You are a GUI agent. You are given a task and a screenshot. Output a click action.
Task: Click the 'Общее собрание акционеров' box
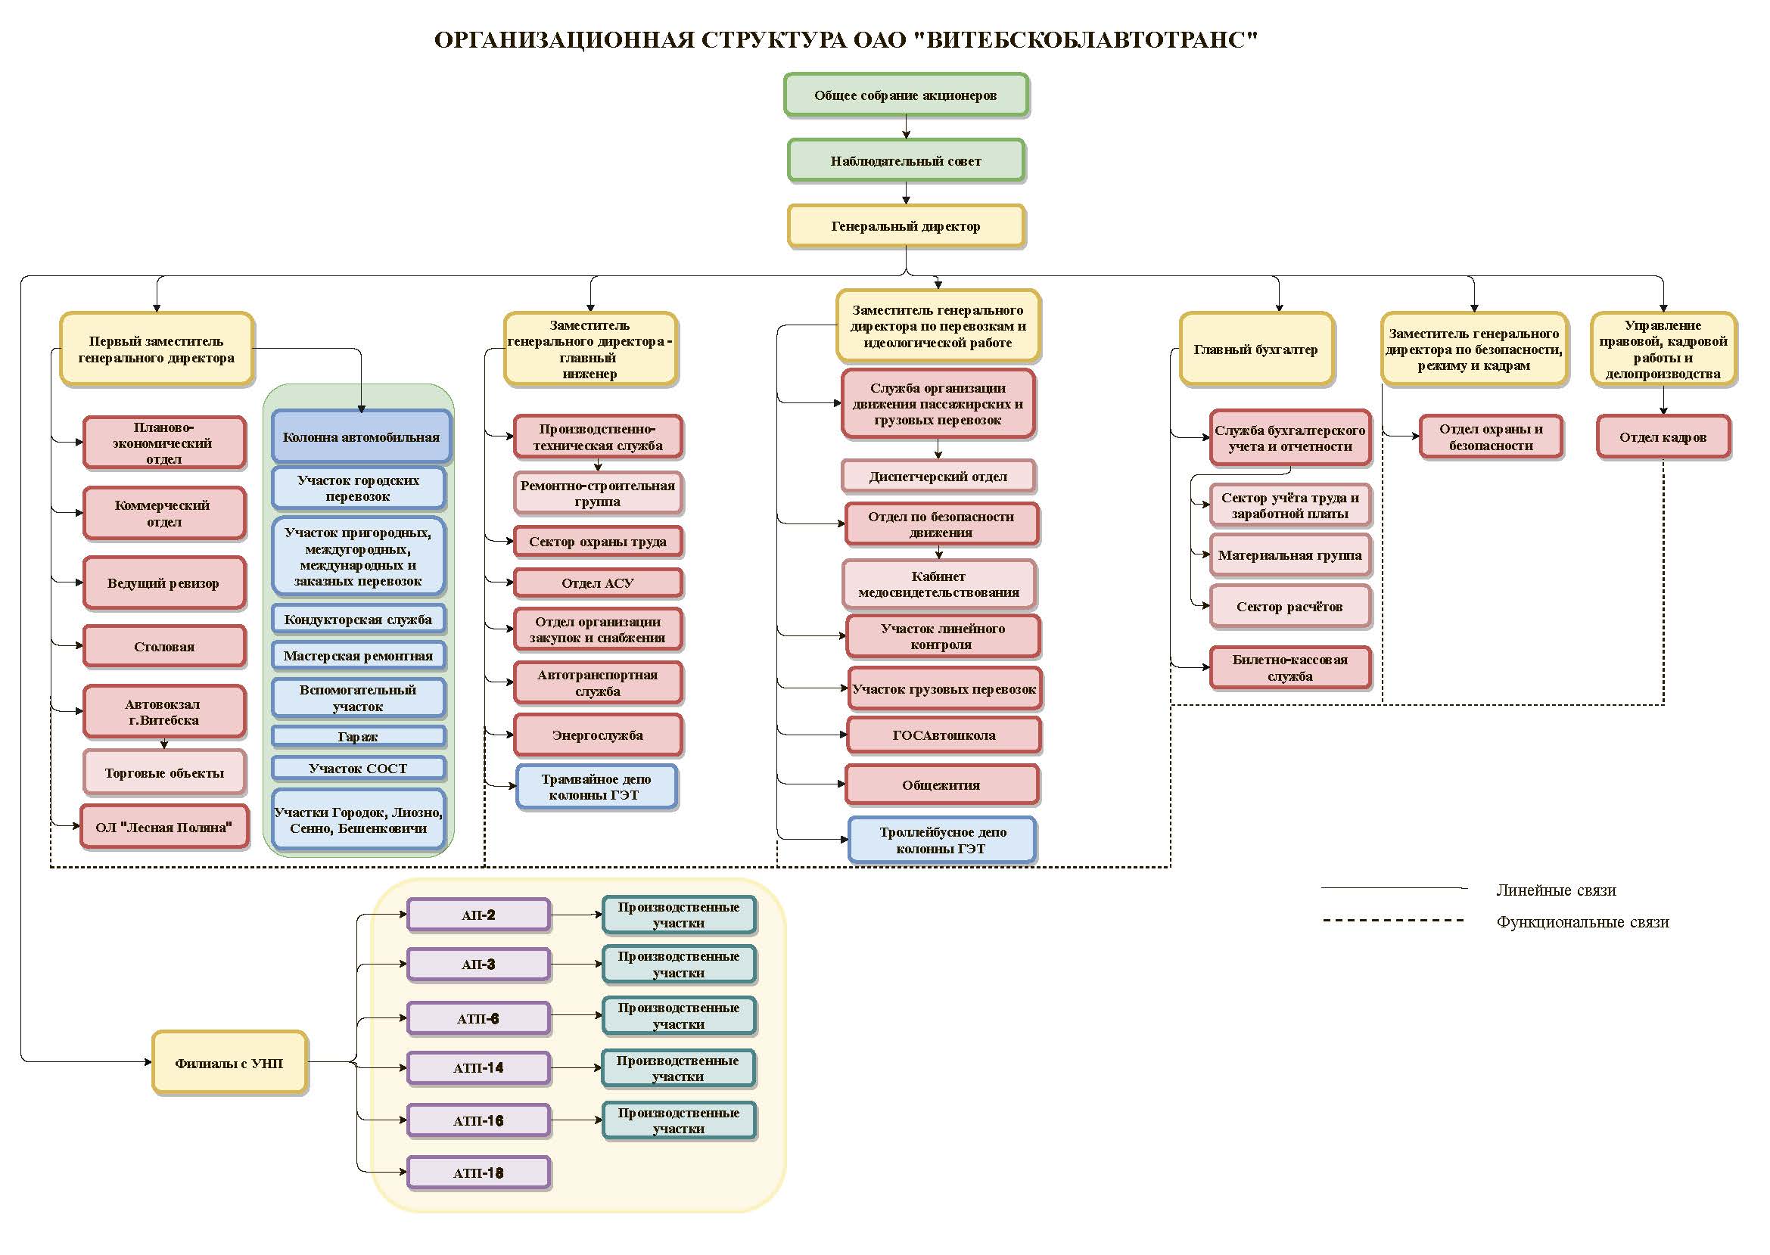(x=906, y=95)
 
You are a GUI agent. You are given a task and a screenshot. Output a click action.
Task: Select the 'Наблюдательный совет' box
(x=906, y=160)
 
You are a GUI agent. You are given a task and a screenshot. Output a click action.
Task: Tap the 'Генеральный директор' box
(x=906, y=226)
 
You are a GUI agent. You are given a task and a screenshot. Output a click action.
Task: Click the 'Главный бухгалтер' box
(x=1256, y=349)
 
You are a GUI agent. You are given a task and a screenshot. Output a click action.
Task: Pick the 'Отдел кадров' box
(x=1663, y=437)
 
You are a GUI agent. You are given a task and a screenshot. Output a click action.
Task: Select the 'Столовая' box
(x=165, y=647)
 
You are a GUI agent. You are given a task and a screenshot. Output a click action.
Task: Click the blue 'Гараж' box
(x=358, y=737)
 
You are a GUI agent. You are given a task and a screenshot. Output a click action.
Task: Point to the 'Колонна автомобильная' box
(x=361, y=437)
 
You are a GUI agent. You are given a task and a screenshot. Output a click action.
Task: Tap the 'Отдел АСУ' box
(x=598, y=583)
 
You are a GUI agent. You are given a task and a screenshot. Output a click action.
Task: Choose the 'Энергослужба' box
(x=598, y=735)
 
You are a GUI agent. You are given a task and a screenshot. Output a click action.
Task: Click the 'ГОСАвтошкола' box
(x=944, y=735)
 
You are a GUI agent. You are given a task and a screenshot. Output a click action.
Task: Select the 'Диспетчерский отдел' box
(x=938, y=477)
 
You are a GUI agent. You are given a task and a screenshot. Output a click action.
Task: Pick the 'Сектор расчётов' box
(x=1290, y=607)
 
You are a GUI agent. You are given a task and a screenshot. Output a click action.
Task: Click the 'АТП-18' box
(x=478, y=1173)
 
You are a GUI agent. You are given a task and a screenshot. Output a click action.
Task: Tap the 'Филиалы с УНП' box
(x=229, y=1064)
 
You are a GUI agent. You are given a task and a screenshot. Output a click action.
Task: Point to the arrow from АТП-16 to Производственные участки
(x=577, y=1120)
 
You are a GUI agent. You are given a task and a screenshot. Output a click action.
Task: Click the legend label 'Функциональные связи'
(x=1582, y=922)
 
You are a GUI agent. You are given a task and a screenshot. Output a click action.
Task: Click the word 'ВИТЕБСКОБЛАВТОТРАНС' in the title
(x=1086, y=39)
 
